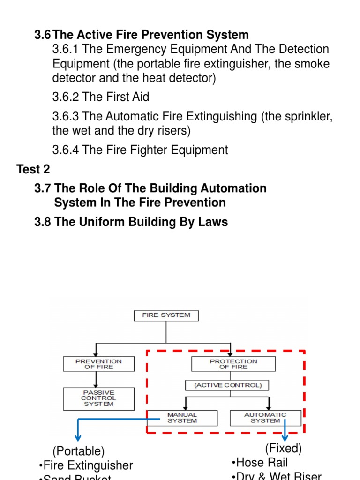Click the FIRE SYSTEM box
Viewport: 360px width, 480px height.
tap(166, 315)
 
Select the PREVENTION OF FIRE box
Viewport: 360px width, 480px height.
tap(98, 364)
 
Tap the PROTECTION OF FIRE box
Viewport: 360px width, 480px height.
tap(233, 364)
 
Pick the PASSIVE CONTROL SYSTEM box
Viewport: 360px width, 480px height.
tap(98, 398)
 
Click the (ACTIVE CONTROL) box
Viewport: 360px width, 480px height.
tap(227, 385)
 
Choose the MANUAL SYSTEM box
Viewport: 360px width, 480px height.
tap(182, 418)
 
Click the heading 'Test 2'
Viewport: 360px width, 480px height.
tap(33, 169)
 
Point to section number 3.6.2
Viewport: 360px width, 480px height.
tap(66, 97)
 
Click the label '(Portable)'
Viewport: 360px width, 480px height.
tap(78, 451)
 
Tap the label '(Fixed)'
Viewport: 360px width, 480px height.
tap(283, 449)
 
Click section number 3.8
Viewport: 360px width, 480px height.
tap(43, 222)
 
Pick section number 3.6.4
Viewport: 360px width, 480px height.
tap(66, 150)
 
